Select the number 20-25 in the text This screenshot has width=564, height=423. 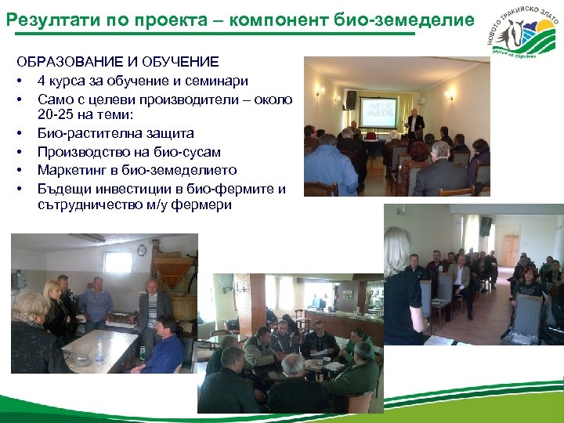coord(55,116)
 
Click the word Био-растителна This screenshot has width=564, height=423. coord(81,134)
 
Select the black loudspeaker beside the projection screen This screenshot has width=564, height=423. coord(351,99)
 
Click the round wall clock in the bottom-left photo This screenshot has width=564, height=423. coord(142,250)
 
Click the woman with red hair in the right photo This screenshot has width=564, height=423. coord(529,275)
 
